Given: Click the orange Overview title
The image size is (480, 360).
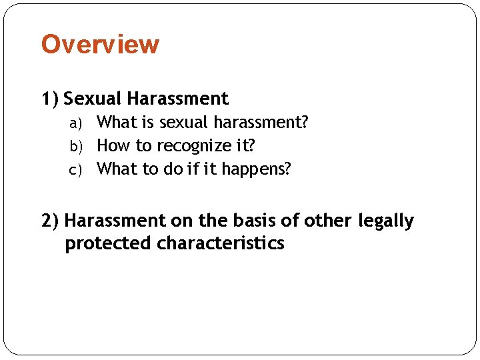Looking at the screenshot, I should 100,45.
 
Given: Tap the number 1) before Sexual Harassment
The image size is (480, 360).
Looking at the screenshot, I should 50,99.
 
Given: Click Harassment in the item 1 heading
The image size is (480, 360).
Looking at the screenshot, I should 177,99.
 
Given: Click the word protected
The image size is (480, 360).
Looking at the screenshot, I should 108,243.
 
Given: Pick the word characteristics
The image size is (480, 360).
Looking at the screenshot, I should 221,243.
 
